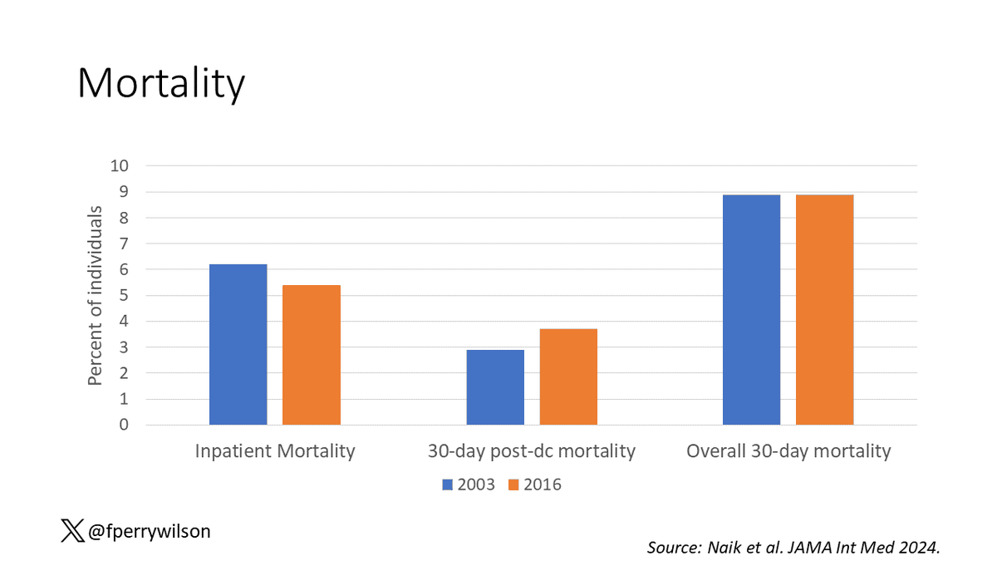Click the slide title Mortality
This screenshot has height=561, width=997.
pyautogui.click(x=161, y=84)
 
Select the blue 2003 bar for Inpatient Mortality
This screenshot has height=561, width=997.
pyautogui.click(x=238, y=344)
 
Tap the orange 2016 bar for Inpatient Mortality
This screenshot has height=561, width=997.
pyautogui.click(x=312, y=355)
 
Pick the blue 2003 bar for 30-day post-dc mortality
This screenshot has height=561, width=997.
pyautogui.click(x=495, y=387)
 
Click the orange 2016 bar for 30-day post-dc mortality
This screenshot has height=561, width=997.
pyautogui.click(x=568, y=376)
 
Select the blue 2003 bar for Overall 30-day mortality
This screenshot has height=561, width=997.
pyautogui.click(x=751, y=309)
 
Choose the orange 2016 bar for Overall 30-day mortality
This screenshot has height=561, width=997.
pyautogui.click(x=824, y=309)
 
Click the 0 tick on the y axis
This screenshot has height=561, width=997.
pyautogui.click(x=124, y=425)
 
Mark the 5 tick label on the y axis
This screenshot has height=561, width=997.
pyautogui.click(x=124, y=295)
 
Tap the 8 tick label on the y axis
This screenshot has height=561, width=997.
pyautogui.click(x=124, y=218)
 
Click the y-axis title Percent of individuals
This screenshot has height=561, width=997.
pyautogui.click(x=96, y=295)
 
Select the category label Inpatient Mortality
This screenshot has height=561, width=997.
pyautogui.click(x=275, y=451)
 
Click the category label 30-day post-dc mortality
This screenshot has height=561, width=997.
pyautogui.click(x=532, y=451)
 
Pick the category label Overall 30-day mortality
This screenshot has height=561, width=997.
pyautogui.click(x=788, y=451)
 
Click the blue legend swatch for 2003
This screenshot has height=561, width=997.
pyautogui.click(x=447, y=485)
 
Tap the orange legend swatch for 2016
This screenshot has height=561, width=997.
pyautogui.click(x=513, y=485)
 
